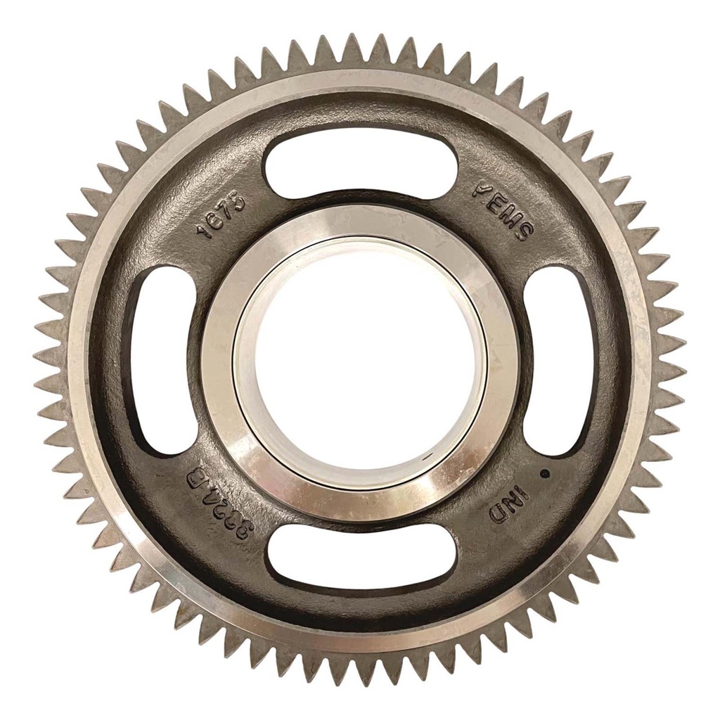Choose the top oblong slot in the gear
pos(360,163)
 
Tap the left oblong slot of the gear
pos(164,360)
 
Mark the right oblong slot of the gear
pos(559,360)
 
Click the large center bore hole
pos(360,360)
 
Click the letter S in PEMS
pos(524,229)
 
